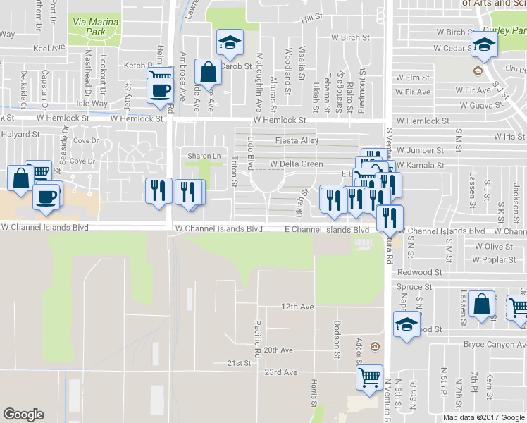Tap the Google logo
(x=23, y=415)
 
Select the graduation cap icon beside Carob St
(x=229, y=44)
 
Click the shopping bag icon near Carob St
(x=209, y=72)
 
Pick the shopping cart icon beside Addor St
(x=369, y=379)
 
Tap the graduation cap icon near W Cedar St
(x=484, y=45)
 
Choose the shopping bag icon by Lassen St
(x=481, y=305)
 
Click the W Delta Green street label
(x=297, y=164)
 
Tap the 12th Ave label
(x=297, y=307)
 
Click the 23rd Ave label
(x=281, y=372)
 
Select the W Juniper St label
(x=419, y=150)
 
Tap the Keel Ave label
(x=49, y=49)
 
